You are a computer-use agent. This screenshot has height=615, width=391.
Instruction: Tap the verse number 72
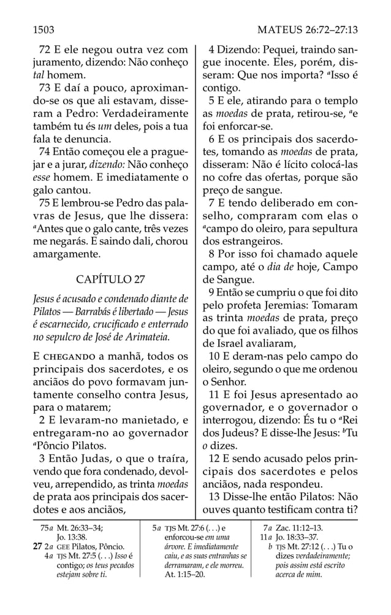coord(45,50)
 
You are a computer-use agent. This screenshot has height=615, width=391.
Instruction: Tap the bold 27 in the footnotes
coord(36,546)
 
